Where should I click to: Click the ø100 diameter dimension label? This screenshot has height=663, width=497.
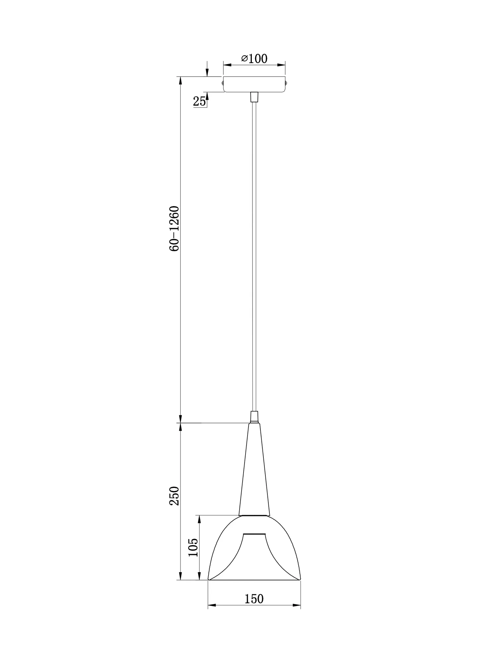(254, 59)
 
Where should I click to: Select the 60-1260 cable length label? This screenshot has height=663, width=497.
(174, 228)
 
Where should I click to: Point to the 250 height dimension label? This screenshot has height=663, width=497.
(174, 496)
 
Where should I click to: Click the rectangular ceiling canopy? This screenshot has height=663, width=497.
(254, 84)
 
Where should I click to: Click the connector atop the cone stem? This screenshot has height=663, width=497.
(254, 416)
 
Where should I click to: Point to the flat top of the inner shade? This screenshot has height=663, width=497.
(254, 543)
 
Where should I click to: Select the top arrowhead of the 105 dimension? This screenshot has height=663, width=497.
(199, 519)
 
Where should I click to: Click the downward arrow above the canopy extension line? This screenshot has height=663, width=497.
(207, 73)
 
